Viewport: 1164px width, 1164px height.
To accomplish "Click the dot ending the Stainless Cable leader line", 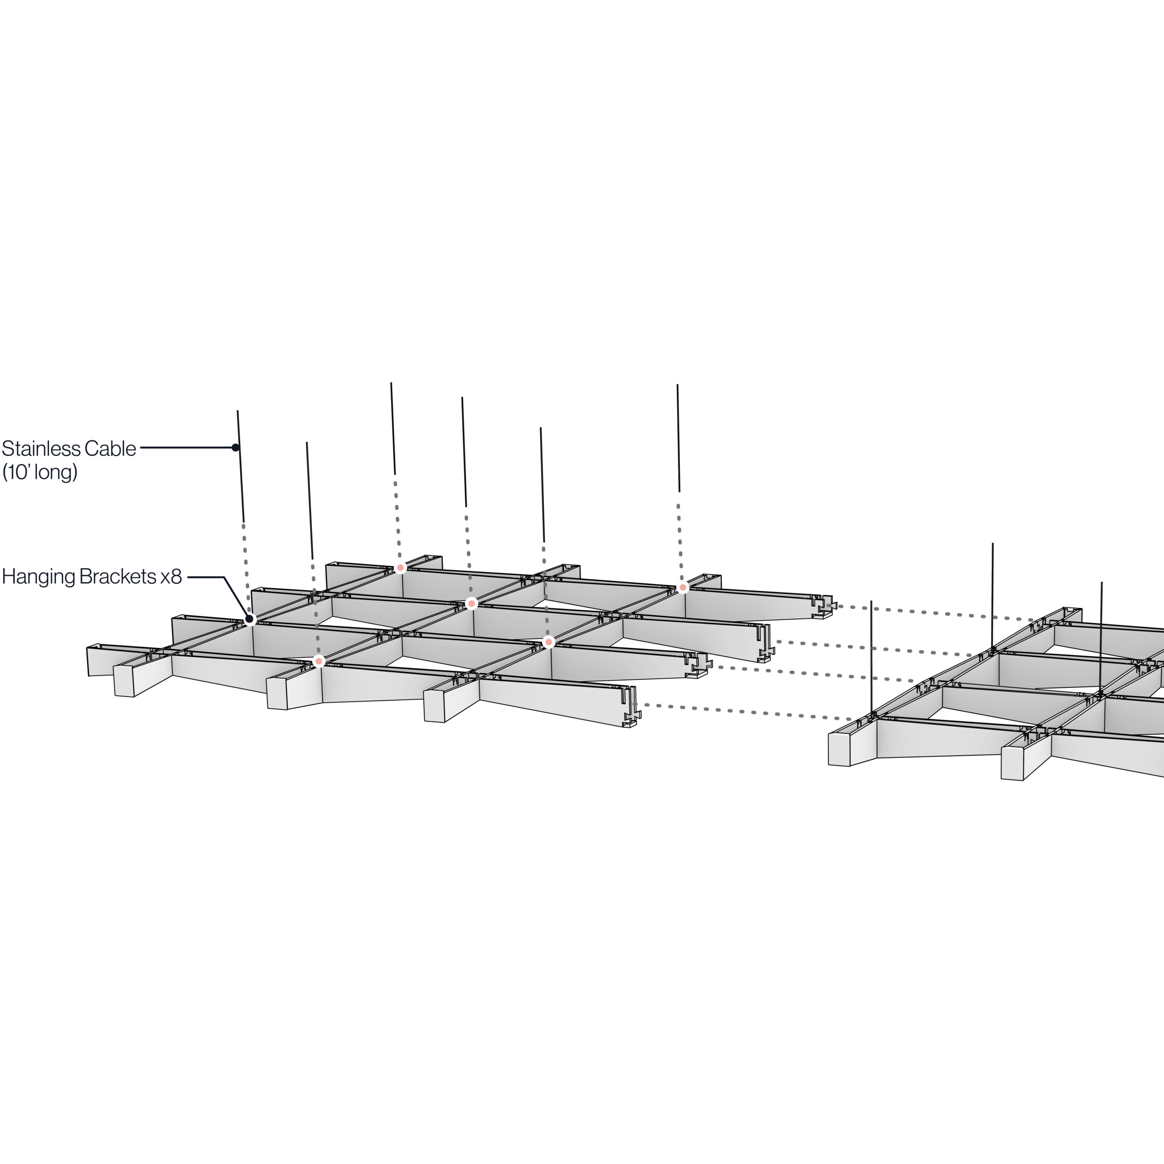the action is (236, 448).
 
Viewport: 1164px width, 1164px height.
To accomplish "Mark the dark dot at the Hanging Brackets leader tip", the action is (250, 619).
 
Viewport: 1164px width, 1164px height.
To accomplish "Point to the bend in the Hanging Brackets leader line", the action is (224, 577).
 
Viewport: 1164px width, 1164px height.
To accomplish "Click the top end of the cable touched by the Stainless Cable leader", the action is (237, 411).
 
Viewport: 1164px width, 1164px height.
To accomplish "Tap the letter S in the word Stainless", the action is (7, 449).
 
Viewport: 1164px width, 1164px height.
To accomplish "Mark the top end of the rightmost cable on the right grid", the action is (1102, 582).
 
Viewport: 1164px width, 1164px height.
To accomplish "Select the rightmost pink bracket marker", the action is (682, 587).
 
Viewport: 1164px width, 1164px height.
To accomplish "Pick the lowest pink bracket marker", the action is (319, 662).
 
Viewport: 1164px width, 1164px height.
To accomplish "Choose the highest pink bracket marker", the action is (400, 567).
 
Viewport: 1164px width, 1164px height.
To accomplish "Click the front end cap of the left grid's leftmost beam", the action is (124, 681).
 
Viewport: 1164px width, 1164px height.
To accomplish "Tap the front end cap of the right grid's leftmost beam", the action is (839, 749).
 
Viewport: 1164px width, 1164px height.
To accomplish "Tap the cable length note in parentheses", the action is (40, 473).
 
